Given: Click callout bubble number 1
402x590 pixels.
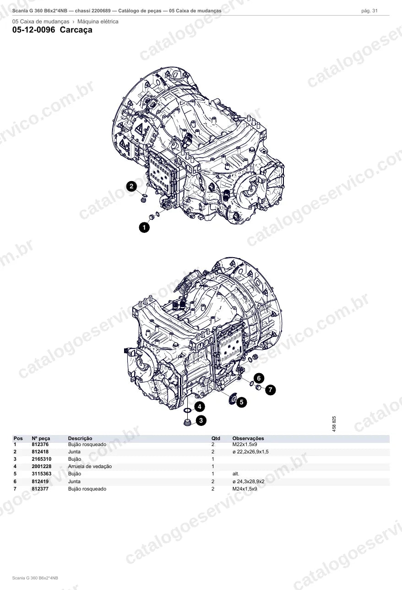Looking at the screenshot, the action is (144, 227).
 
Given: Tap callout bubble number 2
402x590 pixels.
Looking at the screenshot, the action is (131, 187).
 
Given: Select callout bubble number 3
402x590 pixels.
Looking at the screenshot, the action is (201, 420).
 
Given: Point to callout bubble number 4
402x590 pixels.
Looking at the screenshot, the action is (200, 407).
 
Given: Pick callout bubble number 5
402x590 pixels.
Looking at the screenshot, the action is (241, 402).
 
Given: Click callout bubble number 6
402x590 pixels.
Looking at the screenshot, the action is (259, 378).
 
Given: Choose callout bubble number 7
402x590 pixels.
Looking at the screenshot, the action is (271, 390).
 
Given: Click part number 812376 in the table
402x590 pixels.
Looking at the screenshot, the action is (40, 444).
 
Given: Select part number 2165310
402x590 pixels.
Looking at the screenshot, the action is (42, 459).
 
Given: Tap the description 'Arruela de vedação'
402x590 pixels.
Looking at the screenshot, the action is (90, 467).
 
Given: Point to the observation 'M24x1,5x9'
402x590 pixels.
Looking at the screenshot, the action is (244, 489).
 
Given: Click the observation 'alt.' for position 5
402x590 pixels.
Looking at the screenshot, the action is (236, 474).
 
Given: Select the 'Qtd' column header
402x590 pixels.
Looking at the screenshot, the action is (216, 438).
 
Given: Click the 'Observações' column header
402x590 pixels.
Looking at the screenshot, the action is (248, 438).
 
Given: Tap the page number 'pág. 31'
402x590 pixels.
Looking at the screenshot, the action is (369, 11).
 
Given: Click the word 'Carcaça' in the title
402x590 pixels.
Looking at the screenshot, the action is (76, 30).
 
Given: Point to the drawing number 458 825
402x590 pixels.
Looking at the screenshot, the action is (334, 424).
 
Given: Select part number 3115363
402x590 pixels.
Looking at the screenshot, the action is (42, 474).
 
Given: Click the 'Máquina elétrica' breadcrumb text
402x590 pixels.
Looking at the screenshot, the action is (98, 22).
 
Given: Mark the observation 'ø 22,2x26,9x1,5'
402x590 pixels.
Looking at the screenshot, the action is (250, 452).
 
